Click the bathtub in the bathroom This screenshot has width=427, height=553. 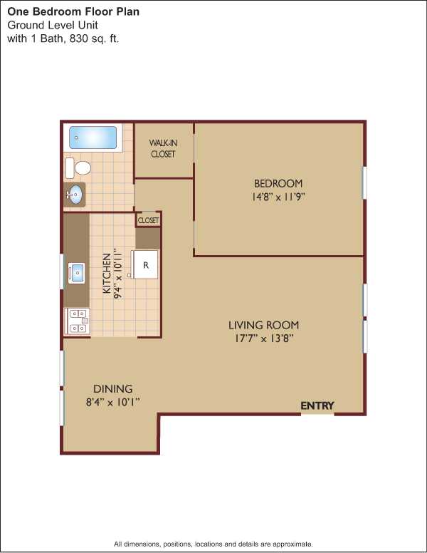point(93,138)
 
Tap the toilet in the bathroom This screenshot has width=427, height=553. point(78,168)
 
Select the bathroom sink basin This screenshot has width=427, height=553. point(75,195)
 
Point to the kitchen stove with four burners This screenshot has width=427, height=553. point(77,321)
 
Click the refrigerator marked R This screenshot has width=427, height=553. point(144,264)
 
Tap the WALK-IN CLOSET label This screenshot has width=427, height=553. point(163,148)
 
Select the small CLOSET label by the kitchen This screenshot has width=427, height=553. point(148,220)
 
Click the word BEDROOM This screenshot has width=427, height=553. point(278,183)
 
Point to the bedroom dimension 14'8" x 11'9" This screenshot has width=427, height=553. point(278,197)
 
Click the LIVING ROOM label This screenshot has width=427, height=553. point(263,325)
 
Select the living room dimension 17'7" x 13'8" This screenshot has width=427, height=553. point(264,338)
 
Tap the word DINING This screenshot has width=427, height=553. point(112,388)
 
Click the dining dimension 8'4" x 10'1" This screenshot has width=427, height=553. point(113,402)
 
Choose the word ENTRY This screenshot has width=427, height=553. point(317,406)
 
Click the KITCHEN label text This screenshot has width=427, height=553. point(107,274)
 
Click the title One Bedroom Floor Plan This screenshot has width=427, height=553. point(73,11)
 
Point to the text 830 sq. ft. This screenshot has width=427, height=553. point(95,38)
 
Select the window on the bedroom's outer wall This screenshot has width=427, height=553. point(364,182)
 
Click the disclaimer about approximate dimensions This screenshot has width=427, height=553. point(213,544)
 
